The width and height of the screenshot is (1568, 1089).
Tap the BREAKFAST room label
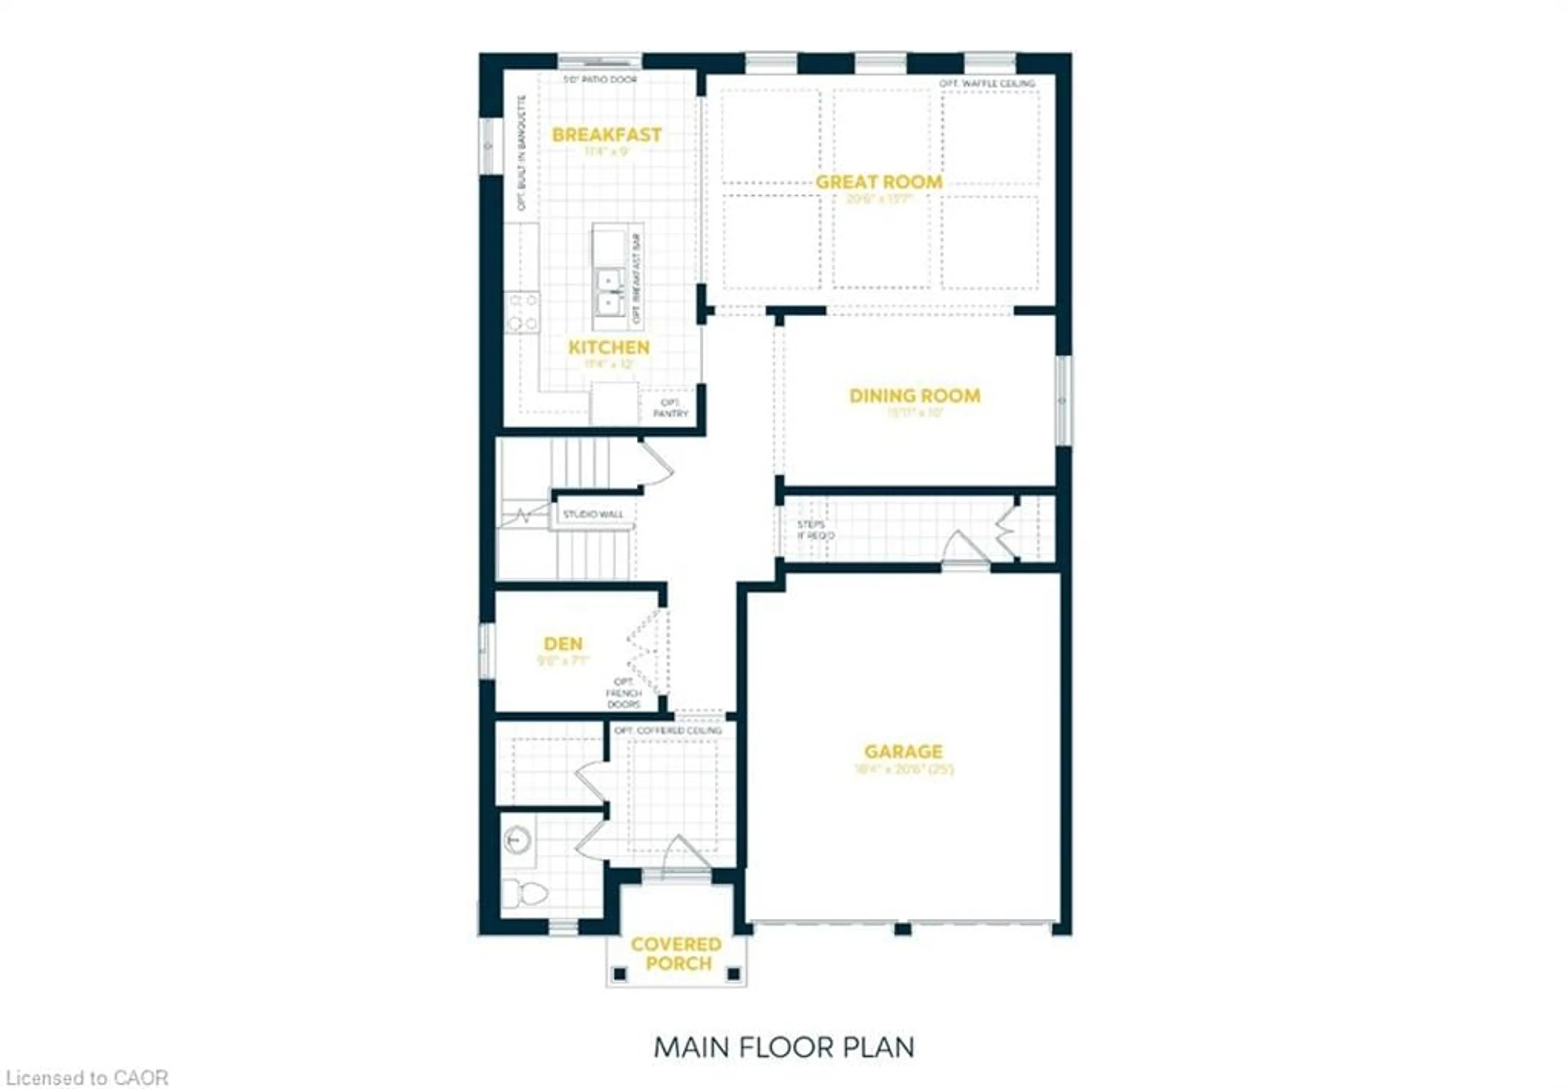point(606,135)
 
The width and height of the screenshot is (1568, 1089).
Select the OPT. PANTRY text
point(670,408)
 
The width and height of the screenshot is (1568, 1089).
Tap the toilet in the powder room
point(525,893)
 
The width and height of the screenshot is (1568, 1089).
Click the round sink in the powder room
point(517,839)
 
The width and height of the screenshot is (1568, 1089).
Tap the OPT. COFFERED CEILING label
point(667,730)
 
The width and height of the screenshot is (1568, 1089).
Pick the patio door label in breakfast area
point(599,80)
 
